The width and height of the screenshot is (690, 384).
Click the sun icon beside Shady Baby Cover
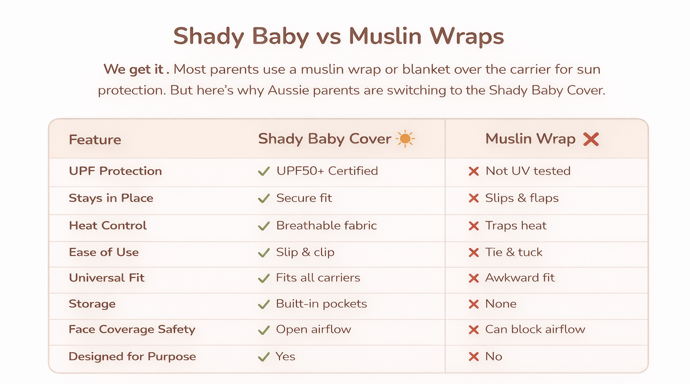(x=405, y=139)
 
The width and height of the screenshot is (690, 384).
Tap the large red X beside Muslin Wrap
(x=591, y=139)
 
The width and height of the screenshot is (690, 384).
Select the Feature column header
(x=95, y=140)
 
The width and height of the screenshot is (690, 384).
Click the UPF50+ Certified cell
(x=327, y=171)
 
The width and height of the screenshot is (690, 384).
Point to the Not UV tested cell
(x=528, y=171)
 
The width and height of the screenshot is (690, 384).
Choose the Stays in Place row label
(x=111, y=198)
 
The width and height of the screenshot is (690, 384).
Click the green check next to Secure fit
(x=264, y=198)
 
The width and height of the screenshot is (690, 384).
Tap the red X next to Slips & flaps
(x=473, y=198)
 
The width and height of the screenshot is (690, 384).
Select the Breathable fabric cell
(x=327, y=225)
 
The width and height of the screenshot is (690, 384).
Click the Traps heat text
(x=516, y=225)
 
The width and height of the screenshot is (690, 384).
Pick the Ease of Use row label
(x=104, y=252)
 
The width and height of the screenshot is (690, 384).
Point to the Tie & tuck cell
(x=514, y=252)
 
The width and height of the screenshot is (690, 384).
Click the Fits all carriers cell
(x=318, y=277)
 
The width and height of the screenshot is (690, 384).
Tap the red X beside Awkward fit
(x=473, y=278)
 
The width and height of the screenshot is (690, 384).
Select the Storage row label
(x=92, y=304)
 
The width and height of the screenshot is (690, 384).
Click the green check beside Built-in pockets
(x=264, y=304)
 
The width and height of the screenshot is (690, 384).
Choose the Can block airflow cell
(x=535, y=329)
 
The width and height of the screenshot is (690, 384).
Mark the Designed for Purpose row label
(x=132, y=357)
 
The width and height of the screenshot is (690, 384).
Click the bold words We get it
(x=133, y=70)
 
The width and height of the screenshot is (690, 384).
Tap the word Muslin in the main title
(x=385, y=36)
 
